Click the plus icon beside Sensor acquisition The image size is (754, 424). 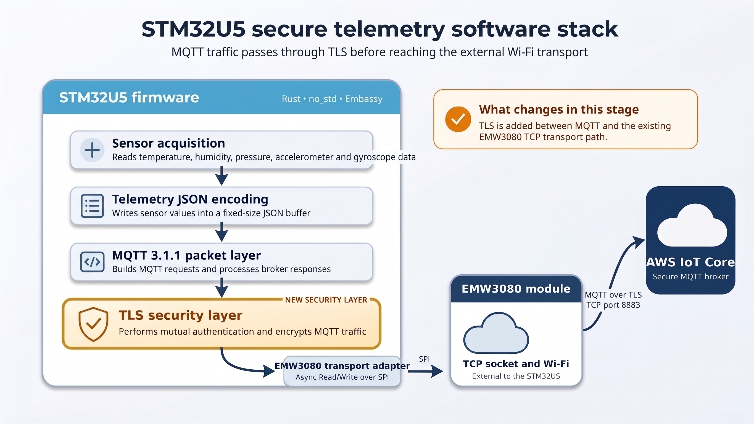click(92, 150)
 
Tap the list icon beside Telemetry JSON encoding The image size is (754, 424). click(92, 206)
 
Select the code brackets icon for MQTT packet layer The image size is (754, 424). click(92, 262)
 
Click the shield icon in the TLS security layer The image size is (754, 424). click(93, 324)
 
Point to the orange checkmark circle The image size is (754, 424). click(458, 119)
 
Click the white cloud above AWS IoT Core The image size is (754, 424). click(692, 225)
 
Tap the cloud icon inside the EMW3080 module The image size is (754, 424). click(496, 333)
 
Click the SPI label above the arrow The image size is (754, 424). click(424, 359)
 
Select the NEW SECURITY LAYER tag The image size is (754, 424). click(326, 300)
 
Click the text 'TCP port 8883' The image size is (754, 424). click(613, 305)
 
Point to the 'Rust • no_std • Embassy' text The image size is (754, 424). click(332, 99)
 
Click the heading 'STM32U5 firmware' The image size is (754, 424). click(129, 97)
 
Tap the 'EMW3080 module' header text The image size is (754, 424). click(516, 289)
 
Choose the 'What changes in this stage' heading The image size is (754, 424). click(559, 109)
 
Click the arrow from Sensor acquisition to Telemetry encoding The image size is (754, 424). click(222, 176)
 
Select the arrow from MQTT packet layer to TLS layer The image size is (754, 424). click(222, 288)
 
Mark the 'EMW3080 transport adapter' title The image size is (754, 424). click(342, 366)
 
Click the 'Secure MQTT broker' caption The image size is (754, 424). click(690, 277)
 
